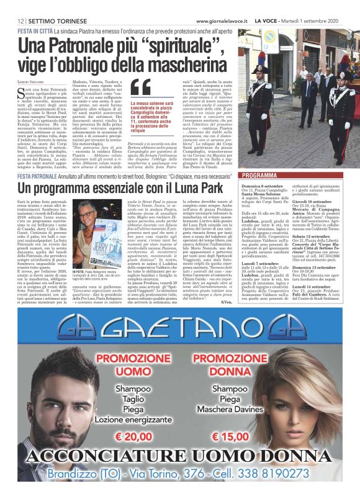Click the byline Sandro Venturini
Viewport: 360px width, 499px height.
[32, 82]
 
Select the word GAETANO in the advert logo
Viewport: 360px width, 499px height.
[181, 324]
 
